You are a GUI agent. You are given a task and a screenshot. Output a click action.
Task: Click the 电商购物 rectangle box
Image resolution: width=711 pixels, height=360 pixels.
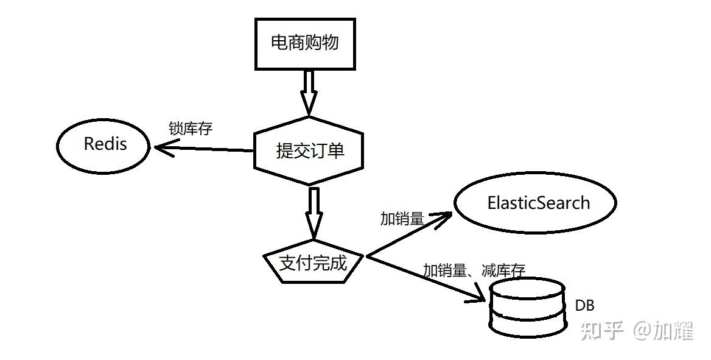coord(304,43)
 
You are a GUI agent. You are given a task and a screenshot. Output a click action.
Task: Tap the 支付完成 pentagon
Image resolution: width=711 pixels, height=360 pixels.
coord(313,263)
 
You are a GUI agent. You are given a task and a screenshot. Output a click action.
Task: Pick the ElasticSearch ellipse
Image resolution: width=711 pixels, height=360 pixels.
coord(536,203)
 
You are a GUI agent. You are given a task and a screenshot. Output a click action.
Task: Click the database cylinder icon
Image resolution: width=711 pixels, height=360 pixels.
coord(527,308)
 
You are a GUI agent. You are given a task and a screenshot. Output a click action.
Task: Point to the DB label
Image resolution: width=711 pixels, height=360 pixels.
coord(584,306)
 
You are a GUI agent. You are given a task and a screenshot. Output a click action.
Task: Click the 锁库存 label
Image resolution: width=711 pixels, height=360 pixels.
coord(191,129)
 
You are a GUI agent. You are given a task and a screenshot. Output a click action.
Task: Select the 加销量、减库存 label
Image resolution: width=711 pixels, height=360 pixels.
coord(474,270)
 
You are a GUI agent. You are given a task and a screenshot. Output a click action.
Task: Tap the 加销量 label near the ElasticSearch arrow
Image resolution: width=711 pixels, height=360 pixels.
coord(402,219)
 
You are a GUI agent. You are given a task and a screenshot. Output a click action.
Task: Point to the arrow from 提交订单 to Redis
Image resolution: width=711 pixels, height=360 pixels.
coord(204,149)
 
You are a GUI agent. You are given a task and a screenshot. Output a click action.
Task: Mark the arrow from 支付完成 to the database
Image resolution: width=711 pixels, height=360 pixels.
coord(426,279)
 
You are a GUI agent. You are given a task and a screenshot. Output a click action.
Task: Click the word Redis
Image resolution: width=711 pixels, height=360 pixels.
coord(105,144)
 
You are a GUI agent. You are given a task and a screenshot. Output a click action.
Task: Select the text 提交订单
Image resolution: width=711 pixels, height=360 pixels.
coord(310,150)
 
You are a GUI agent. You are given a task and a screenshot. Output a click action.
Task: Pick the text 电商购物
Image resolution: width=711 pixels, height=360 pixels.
coord(304,43)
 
